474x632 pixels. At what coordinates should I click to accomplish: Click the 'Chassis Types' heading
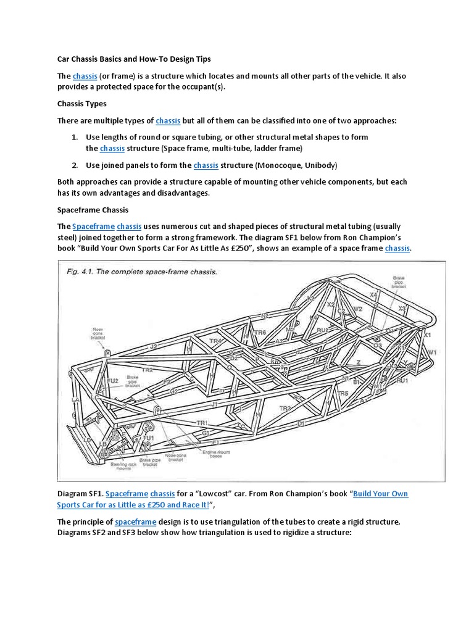pyautogui.click(x=81, y=104)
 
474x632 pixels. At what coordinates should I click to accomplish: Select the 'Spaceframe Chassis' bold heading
pyautogui.click(x=93, y=210)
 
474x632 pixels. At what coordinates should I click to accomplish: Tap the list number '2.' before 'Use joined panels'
pyautogui.click(x=74, y=165)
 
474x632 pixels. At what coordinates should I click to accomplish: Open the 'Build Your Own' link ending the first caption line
pyautogui.click(x=380, y=494)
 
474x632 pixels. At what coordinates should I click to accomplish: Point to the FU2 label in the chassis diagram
pyautogui.click(x=112, y=381)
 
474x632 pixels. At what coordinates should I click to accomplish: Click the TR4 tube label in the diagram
pyautogui.click(x=215, y=341)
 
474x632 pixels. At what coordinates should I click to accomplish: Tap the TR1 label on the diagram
pyautogui.click(x=201, y=423)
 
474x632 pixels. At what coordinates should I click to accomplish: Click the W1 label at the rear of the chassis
pyautogui.click(x=432, y=352)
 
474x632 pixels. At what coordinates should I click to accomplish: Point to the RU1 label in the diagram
pyautogui.click(x=402, y=381)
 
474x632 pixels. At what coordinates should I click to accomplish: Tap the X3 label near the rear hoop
pyautogui.click(x=402, y=308)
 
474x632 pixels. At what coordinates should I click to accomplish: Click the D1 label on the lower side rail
pyautogui.click(x=301, y=423)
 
